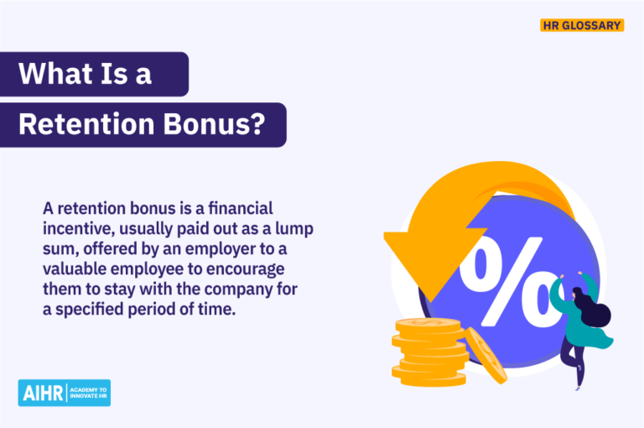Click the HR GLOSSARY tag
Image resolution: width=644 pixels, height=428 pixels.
[x=581, y=25]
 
